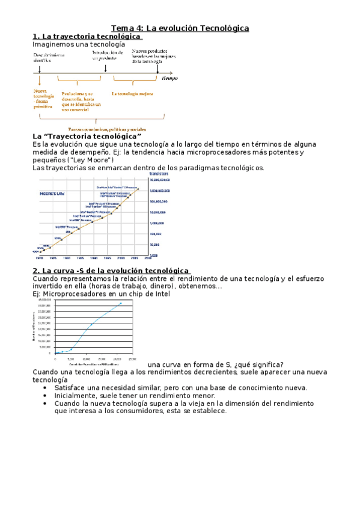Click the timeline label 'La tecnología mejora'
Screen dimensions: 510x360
point(132,94)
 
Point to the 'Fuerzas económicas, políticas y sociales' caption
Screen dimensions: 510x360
point(106,129)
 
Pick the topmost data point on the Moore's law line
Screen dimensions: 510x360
point(138,189)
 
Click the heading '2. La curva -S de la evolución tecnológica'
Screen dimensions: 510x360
point(111,271)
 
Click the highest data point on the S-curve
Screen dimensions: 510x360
point(121,303)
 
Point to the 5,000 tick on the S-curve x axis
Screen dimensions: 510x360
point(71,358)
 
